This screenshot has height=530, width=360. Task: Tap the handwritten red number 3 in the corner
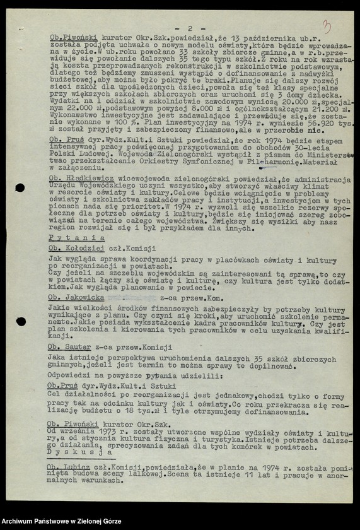pos(327,26)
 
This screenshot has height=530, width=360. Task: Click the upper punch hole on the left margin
pos(20,187)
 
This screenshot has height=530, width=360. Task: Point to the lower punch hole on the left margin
pos(21,321)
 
